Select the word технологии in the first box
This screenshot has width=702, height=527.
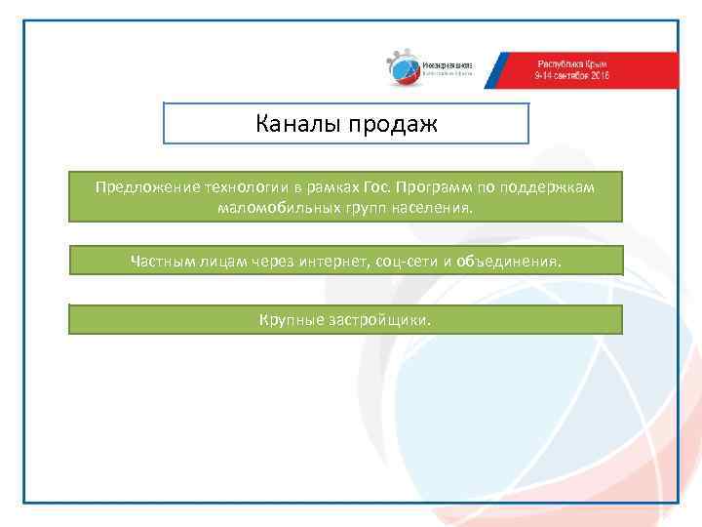(x=240, y=185)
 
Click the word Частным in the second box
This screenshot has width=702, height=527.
(x=160, y=260)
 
